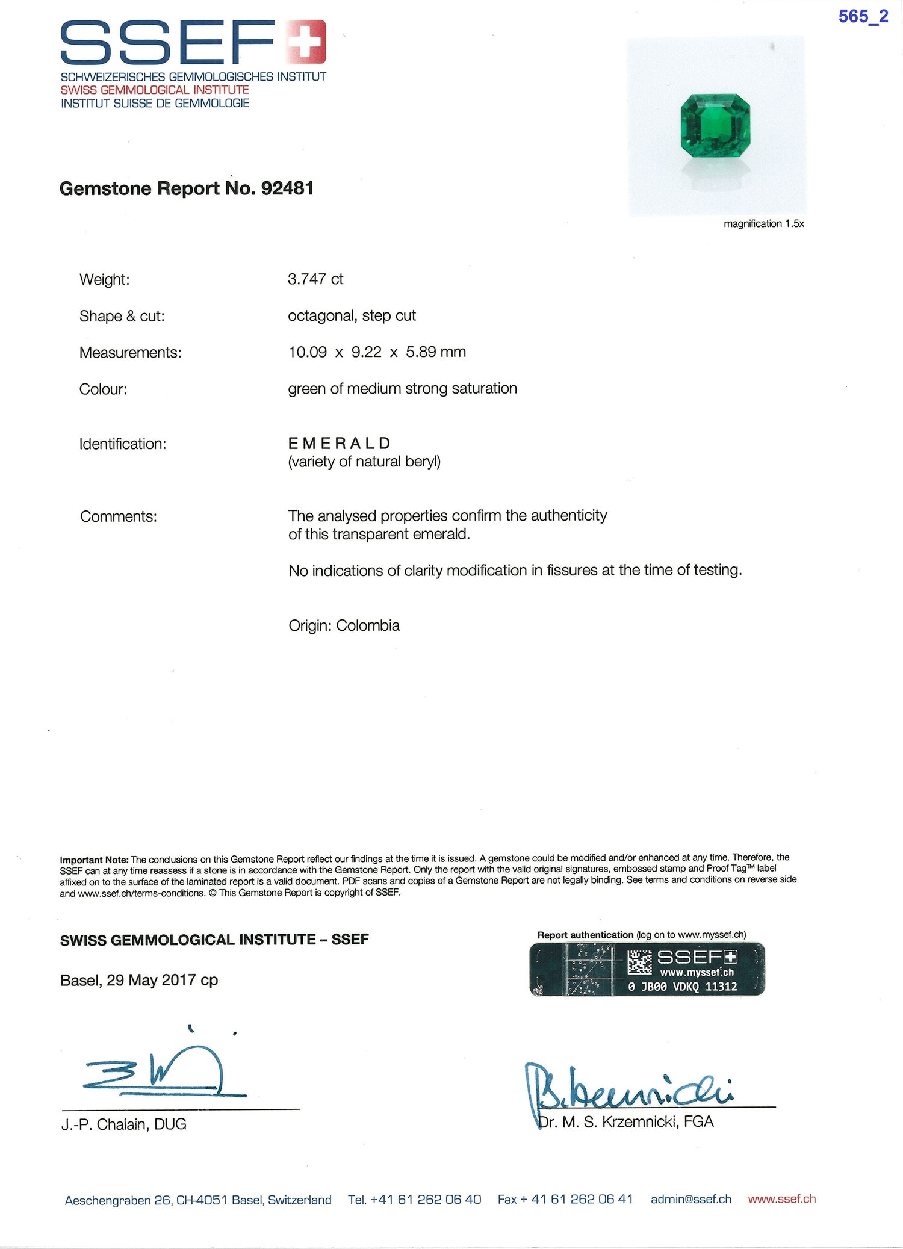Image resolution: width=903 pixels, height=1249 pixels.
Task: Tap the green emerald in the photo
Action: pyautogui.click(x=715, y=125)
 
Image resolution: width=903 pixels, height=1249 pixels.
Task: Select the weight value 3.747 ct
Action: pyautogui.click(x=315, y=279)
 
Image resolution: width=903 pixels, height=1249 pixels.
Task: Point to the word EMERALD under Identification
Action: pyautogui.click(x=340, y=444)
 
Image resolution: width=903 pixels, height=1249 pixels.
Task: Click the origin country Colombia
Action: pyautogui.click(x=368, y=625)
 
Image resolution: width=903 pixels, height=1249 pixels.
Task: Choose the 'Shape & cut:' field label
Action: pyautogui.click(x=122, y=316)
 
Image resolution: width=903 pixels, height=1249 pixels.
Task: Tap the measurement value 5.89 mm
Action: pyautogui.click(x=436, y=352)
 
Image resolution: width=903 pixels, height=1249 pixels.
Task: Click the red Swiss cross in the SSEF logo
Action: pyautogui.click(x=306, y=42)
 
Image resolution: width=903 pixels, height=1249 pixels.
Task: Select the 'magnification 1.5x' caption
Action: pyautogui.click(x=763, y=224)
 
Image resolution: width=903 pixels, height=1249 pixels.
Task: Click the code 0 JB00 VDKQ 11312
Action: pyautogui.click(x=682, y=987)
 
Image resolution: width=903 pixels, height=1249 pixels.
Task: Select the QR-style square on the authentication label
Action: pyautogui.click(x=639, y=962)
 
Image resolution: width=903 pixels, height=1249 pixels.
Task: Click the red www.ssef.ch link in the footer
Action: pyautogui.click(x=781, y=1199)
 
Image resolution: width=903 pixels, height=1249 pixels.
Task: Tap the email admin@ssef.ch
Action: pyautogui.click(x=690, y=1199)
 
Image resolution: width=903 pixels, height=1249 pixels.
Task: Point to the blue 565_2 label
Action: pyautogui.click(x=863, y=17)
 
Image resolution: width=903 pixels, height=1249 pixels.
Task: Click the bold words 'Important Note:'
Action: pyautogui.click(x=94, y=860)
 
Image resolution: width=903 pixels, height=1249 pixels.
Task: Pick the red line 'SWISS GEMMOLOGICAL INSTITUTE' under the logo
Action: pyautogui.click(x=155, y=90)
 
